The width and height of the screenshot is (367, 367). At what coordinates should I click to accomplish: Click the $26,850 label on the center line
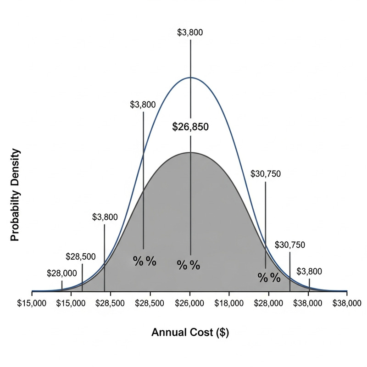point(190,127)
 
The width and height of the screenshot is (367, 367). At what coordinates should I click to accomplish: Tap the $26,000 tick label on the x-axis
point(190,303)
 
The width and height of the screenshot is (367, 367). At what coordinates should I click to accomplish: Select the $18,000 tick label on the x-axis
point(229,303)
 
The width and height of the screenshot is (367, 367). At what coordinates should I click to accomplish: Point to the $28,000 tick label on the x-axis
point(269,303)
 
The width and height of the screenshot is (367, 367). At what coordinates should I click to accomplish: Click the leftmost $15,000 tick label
point(32,303)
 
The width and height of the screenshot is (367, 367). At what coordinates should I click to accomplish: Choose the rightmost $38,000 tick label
point(347,303)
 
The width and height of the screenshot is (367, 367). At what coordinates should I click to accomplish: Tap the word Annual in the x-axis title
point(167,333)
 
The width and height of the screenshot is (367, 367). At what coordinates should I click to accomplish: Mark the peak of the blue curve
point(190,78)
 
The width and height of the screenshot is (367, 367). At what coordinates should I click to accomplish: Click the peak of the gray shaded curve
point(190,152)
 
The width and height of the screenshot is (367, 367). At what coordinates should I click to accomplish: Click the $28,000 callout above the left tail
point(62,273)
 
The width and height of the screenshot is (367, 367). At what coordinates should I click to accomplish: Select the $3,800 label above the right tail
point(309,271)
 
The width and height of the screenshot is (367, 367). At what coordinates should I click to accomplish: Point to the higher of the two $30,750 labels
point(266,174)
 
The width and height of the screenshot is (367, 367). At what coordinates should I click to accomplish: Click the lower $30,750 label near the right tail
point(289,245)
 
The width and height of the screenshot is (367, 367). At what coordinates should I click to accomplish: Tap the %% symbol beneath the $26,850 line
point(189,265)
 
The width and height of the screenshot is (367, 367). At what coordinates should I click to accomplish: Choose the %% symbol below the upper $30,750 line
point(269,277)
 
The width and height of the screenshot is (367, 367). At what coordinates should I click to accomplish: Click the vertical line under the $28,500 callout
point(82,277)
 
